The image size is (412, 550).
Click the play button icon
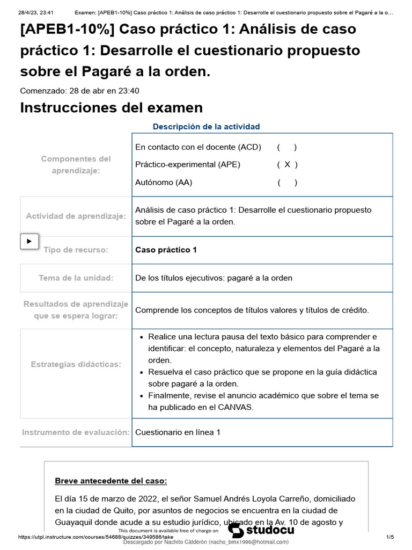point(30,241)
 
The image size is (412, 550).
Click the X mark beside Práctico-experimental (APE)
point(288,165)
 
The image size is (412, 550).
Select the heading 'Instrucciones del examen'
point(111,107)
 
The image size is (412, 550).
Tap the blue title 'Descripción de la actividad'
point(206,127)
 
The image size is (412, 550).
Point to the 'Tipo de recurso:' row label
point(76,250)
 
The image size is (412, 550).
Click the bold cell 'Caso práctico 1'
point(166,250)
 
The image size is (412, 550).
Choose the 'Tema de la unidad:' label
point(76,278)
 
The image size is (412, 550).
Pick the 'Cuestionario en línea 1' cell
point(178,432)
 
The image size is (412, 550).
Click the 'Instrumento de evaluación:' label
point(76,432)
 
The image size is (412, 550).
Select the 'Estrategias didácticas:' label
point(76,364)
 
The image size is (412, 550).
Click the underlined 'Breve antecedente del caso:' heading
point(111,481)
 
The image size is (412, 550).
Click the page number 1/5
point(390,537)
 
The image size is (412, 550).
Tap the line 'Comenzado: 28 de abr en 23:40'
point(79,91)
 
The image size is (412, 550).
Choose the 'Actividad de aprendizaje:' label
point(76,216)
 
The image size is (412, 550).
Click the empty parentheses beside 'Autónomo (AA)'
point(288,183)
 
